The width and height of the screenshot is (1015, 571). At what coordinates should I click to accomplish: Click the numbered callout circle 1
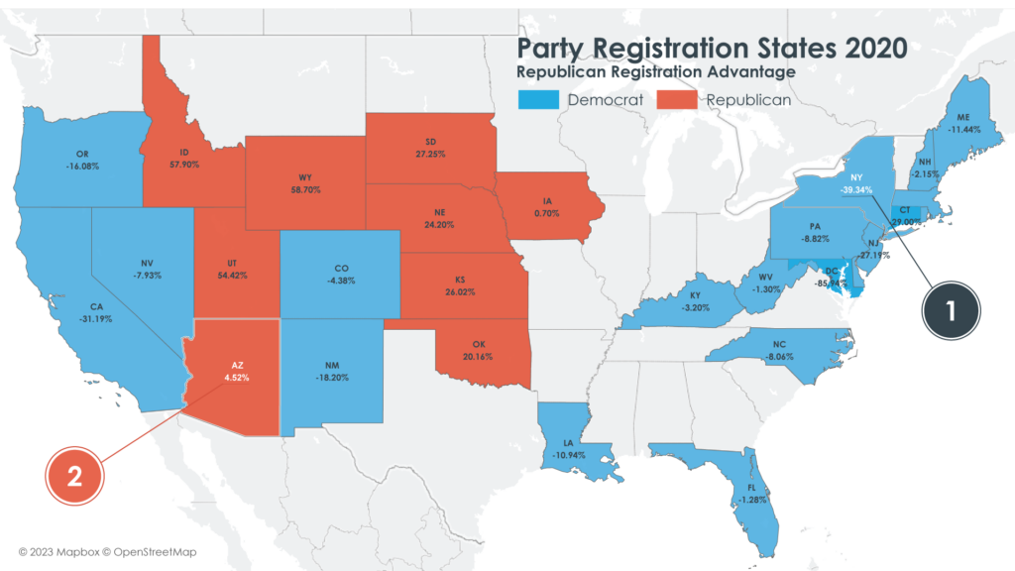tap(949, 310)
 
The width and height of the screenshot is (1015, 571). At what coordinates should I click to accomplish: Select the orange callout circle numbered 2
tap(74, 476)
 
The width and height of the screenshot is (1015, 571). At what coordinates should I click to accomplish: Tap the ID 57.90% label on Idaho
tap(182, 158)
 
